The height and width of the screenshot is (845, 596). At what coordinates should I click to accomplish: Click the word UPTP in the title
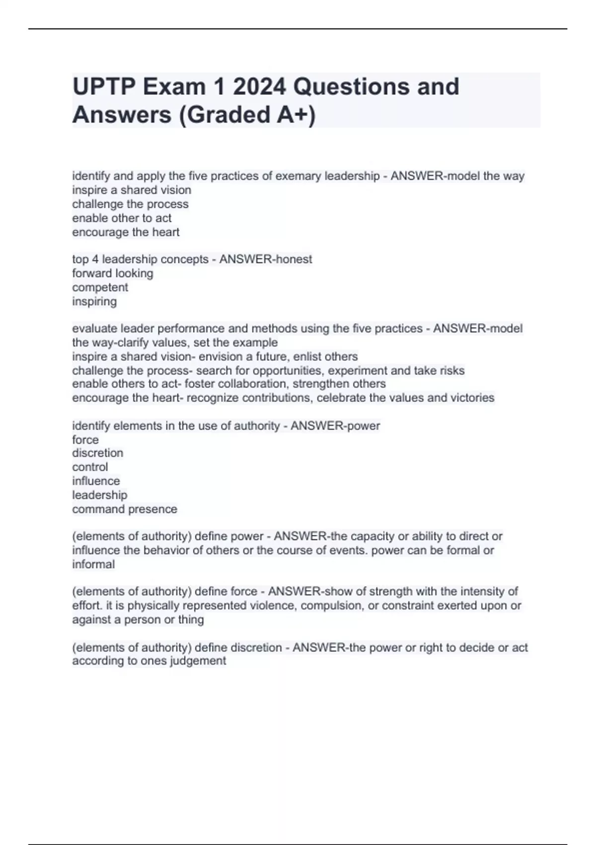(103, 87)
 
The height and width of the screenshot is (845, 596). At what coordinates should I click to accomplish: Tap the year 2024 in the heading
(259, 87)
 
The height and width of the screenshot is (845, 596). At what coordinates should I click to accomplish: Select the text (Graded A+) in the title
(247, 115)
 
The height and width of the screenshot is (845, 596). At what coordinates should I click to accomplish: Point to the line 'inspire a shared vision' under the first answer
(132, 190)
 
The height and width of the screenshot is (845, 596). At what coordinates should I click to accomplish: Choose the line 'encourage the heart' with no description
(126, 232)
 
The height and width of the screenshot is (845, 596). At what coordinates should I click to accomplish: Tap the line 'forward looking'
(113, 273)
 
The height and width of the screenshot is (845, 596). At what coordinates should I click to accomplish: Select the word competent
(100, 287)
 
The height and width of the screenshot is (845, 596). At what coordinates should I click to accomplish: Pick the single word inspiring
(94, 301)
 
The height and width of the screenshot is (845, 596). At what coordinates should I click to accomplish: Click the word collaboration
(252, 384)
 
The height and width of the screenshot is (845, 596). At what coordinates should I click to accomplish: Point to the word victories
(472, 398)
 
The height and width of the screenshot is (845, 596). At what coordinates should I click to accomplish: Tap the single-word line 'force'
(85, 440)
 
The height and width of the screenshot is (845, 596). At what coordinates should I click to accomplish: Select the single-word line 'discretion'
(97, 453)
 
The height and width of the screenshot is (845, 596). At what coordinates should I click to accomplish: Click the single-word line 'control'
(90, 467)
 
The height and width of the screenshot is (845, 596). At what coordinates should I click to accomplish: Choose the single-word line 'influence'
(96, 481)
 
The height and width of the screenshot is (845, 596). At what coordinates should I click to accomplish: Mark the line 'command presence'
(125, 509)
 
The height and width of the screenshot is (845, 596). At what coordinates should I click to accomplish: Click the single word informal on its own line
(93, 564)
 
